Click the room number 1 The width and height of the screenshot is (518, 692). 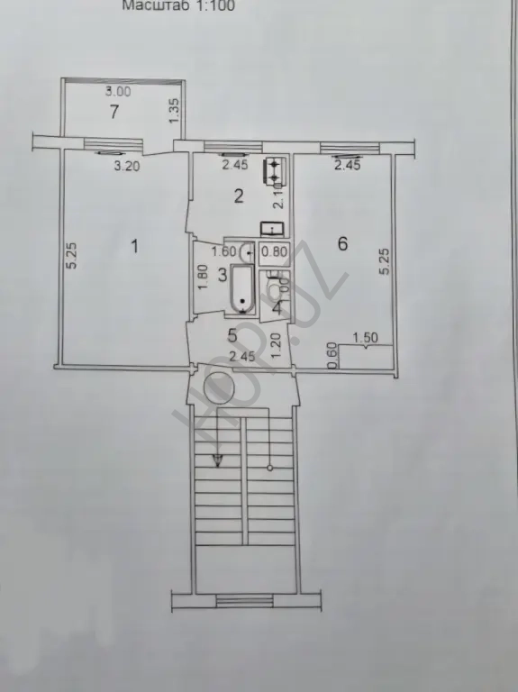point(134,246)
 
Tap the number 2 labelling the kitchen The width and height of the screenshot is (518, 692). point(239,197)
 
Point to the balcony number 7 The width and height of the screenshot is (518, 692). point(114,113)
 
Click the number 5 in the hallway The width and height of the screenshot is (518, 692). point(232,335)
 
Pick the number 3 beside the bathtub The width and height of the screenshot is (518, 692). point(221,275)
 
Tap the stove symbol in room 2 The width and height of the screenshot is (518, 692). point(274,170)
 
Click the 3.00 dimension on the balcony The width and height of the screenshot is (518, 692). point(118,92)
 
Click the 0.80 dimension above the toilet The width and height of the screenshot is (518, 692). point(275,253)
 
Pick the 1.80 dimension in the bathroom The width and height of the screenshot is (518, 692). point(203,277)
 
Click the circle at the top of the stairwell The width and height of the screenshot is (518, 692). point(219,389)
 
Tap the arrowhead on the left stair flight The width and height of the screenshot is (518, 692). point(216,462)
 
